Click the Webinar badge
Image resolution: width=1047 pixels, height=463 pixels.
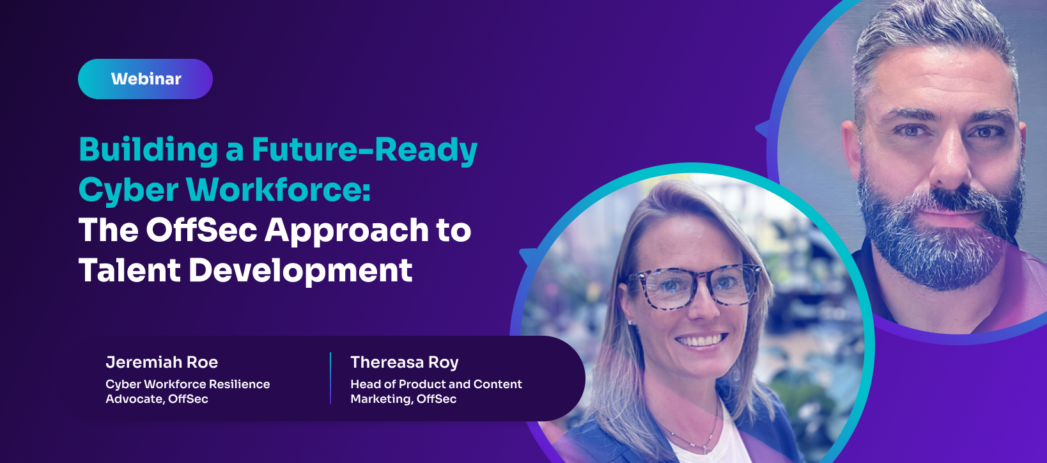tap(145, 79)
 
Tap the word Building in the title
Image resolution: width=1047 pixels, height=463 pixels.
tap(148, 150)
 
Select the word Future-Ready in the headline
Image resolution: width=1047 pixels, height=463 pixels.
tap(364, 150)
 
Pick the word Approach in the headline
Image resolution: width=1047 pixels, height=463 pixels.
tap(347, 231)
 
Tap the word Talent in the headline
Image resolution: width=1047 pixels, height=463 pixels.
tap(130, 270)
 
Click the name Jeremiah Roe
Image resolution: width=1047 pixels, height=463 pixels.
tap(162, 362)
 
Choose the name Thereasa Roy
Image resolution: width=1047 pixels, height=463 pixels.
tap(405, 363)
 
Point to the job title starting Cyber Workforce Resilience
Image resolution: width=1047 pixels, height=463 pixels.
tap(187, 391)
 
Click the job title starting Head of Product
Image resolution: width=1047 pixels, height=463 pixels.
tap(436, 391)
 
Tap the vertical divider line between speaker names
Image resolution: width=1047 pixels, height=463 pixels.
tap(330, 378)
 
